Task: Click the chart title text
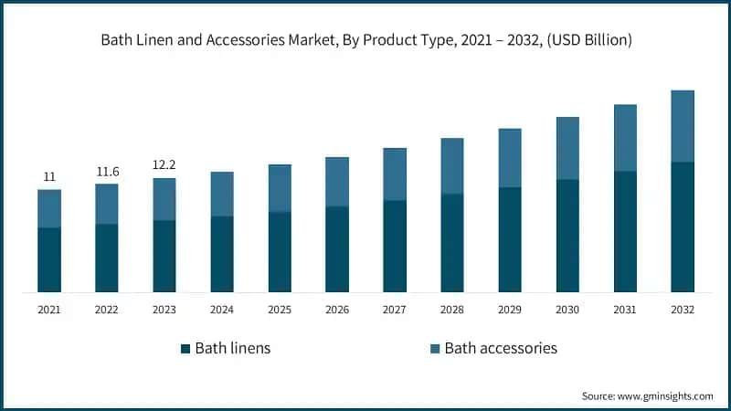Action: click(365, 40)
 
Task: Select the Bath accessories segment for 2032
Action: click(683, 126)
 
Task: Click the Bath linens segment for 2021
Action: click(49, 259)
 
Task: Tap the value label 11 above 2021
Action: click(49, 176)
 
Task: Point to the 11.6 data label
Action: click(107, 171)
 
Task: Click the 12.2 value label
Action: click(164, 165)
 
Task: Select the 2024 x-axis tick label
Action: click(222, 310)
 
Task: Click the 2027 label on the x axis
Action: click(395, 310)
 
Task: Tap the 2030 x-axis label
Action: click(567, 310)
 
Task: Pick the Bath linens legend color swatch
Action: click(185, 348)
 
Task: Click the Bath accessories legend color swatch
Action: click(435, 348)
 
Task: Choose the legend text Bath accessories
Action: click(501, 348)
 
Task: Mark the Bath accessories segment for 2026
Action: click(337, 182)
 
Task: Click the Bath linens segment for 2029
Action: click(510, 239)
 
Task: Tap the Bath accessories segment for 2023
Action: click(164, 199)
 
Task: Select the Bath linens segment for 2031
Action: click(625, 231)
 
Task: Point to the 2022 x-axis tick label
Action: click(107, 310)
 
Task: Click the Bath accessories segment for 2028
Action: click(452, 166)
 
